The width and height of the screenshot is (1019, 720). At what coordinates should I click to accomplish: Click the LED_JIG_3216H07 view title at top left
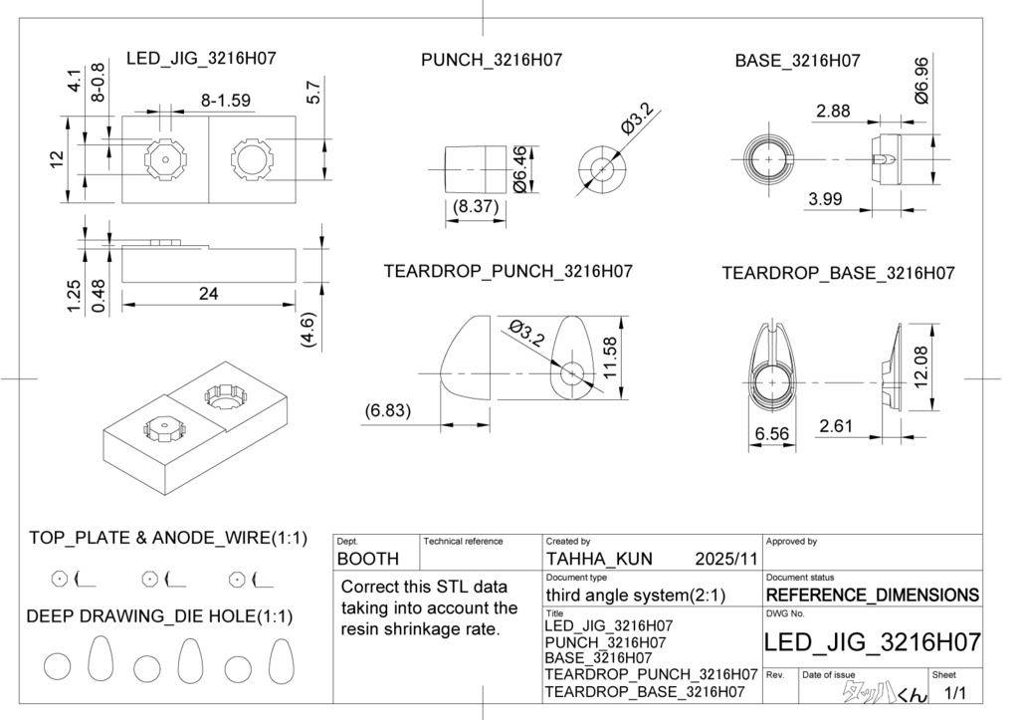pos(201,59)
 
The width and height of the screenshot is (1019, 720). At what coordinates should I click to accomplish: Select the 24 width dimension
pos(208,294)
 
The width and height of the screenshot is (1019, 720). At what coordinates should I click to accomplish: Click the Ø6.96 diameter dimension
pos(921,82)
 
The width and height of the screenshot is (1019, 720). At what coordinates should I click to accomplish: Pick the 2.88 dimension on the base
pos(833,112)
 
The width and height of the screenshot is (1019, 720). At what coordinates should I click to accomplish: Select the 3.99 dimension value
pos(825,199)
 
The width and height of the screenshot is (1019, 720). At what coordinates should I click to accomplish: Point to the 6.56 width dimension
pos(772,433)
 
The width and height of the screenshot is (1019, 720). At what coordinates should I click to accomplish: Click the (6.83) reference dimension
pos(388,410)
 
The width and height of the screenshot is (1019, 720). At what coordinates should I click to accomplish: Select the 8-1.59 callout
pos(226,100)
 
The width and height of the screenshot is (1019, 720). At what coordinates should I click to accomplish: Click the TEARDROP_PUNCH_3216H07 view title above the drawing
pos(508,271)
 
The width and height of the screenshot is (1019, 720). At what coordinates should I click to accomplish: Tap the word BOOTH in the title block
pos(368,560)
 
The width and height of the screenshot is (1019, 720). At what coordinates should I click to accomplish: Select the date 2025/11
pos(727,560)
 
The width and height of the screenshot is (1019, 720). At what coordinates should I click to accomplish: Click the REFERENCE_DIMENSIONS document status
pos(873,596)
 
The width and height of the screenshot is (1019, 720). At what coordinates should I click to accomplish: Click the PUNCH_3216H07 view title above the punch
pos(492,61)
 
